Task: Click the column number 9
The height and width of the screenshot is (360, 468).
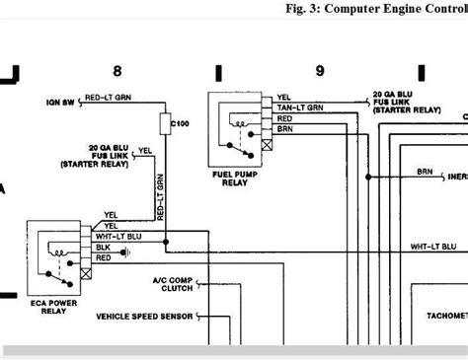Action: point(319,70)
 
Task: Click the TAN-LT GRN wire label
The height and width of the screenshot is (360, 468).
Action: point(298,108)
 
